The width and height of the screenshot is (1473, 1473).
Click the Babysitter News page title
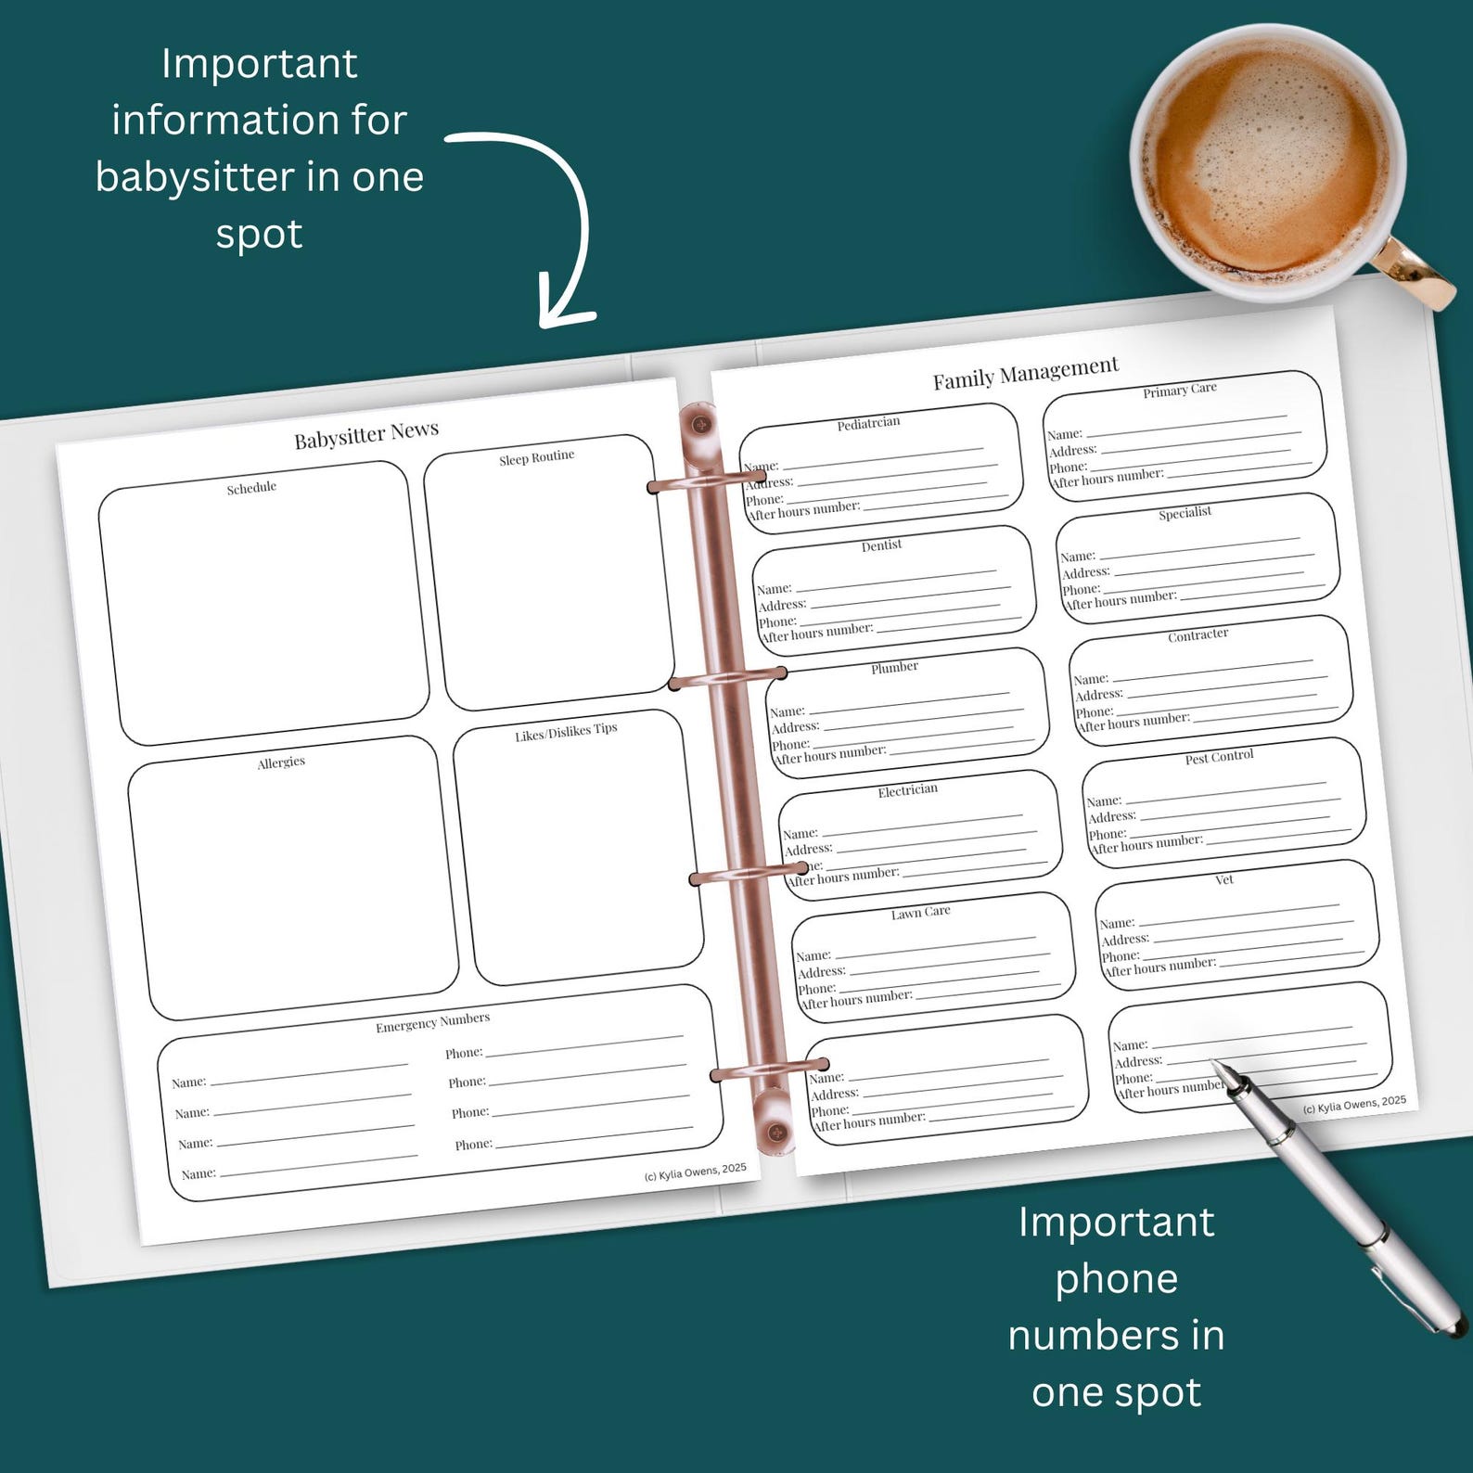[366, 434]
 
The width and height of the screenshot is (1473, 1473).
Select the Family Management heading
[1026, 372]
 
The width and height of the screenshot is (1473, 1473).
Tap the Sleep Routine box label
[537, 457]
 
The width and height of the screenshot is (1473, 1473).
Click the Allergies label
[281, 762]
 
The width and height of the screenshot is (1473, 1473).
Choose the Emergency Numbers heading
[432, 1022]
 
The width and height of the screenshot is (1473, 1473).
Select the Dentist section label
[881, 545]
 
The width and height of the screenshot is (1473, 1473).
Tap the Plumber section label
[894, 668]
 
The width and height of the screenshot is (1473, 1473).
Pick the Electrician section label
[908, 790]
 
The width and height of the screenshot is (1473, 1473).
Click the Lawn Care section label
[921, 913]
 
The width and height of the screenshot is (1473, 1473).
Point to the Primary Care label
[1180, 390]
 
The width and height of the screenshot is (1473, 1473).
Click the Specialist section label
[1185, 513]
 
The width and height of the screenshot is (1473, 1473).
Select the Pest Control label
[1219, 757]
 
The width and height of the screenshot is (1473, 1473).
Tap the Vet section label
[1224, 879]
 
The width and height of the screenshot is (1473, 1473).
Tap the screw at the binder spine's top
[699, 425]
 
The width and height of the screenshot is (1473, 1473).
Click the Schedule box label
[251, 488]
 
